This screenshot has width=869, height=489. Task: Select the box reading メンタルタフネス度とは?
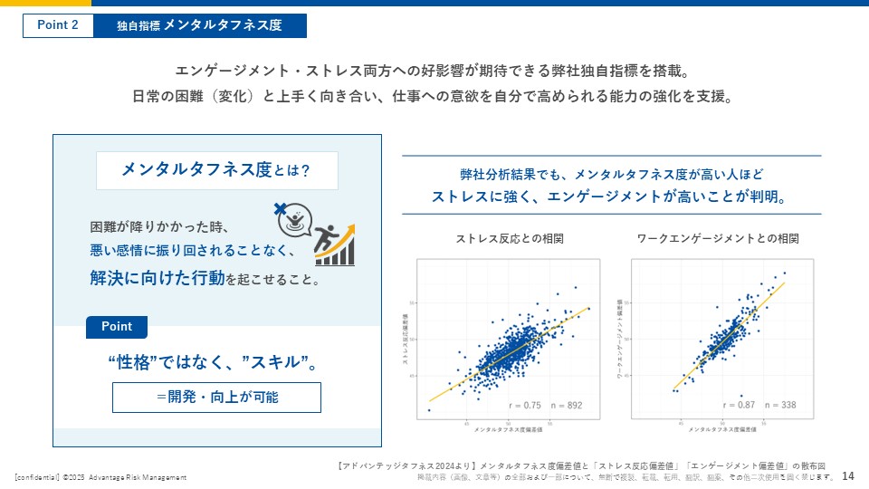pyautogui.click(x=216, y=170)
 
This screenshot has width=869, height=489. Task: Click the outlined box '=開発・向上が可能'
pyautogui.click(x=216, y=397)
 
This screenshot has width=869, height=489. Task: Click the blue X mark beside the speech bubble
pyautogui.click(x=279, y=208)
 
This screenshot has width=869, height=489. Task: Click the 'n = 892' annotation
pyautogui.click(x=568, y=405)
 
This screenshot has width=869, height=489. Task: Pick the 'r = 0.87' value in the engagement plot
pyautogui.click(x=738, y=405)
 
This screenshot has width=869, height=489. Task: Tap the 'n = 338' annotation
pyautogui.click(x=780, y=405)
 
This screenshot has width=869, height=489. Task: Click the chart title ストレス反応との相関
pyautogui.click(x=510, y=239)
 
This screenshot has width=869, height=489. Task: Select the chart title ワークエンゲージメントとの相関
pyautogui.click(x=718, y=239)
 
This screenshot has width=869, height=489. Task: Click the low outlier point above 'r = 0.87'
pyautogui.click(x=741, y=395)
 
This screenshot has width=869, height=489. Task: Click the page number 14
pyautogui.click(x=848, y=476)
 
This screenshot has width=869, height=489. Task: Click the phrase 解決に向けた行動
pyautogui.click(x=156, y=278)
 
